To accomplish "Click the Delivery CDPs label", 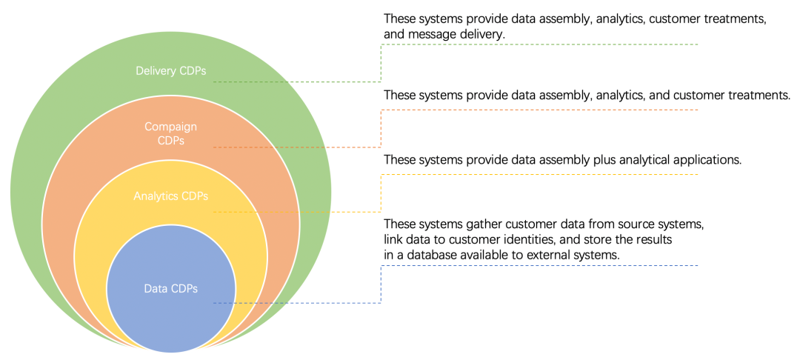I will coord(171,71).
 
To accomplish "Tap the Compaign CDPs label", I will coord(171,133).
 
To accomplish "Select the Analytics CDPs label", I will coord(171,196).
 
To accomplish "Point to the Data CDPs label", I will coord(171,289).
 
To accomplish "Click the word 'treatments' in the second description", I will coord(759,96).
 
